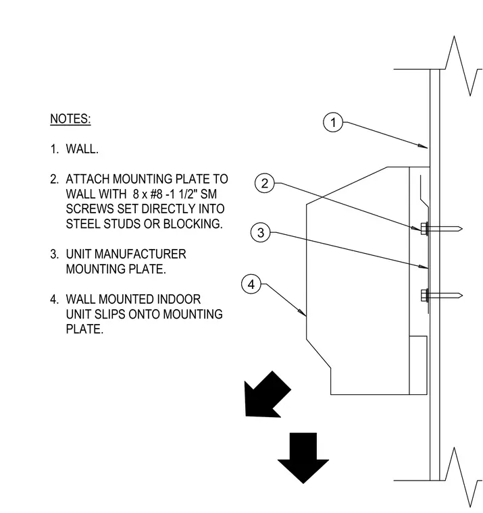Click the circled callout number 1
pos(333,122)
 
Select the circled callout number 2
pos(265,183)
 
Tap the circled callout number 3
pos(261,233)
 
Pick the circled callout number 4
pos(251,284)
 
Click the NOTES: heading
pos(70,119)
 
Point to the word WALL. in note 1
pos(82,149)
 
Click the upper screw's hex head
pos(424,228)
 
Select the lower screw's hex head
pos(424,296)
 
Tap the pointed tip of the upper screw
pos(461,228)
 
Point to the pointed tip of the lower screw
pos(461,296)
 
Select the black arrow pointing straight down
pos(303,458)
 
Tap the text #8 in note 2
pos(156,194)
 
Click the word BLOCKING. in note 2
pos(193,224)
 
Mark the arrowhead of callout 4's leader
pos(303,313)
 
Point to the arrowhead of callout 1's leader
pos(423,146)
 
